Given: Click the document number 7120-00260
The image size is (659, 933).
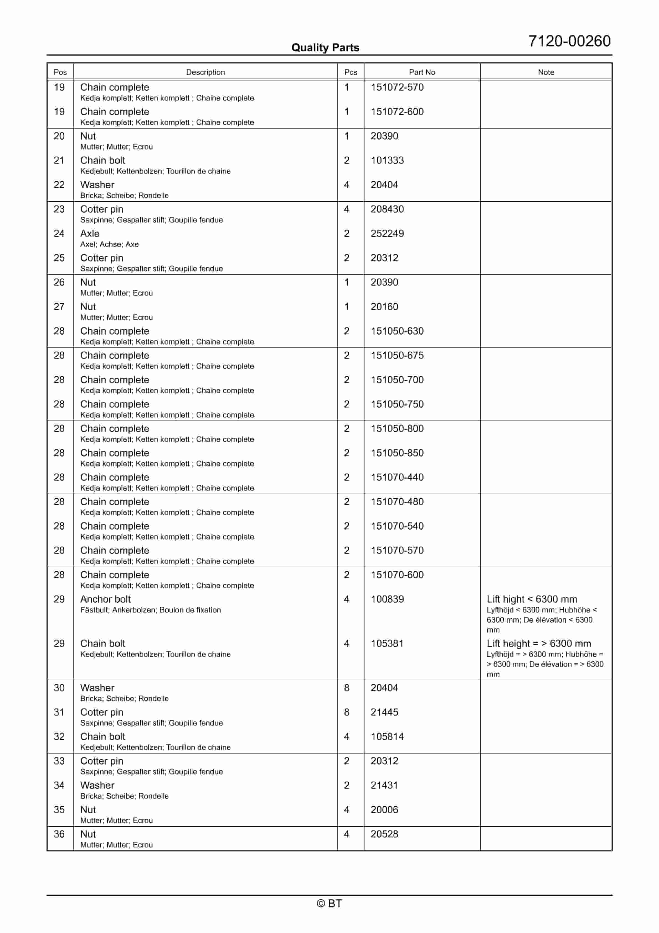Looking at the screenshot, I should coord(569,41).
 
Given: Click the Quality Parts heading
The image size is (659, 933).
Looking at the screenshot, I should coord(325,48).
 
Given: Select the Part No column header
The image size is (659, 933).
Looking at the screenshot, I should coord(422,72).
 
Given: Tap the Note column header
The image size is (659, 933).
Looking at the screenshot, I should coord(546,72).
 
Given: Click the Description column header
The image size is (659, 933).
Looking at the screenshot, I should coord(205,72).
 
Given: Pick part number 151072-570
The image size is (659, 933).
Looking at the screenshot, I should coord(397,87).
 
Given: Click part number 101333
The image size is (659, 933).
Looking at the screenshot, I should coord(387,160).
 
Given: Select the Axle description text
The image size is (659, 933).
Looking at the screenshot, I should coord(90,234).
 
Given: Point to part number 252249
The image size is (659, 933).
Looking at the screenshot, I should coord(387,234).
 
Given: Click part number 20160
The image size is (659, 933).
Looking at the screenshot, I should coord(384,307).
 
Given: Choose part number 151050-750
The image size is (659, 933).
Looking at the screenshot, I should coord(397,404).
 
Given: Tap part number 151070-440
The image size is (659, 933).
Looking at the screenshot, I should coord(397,478).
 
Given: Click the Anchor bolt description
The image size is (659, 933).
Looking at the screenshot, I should coord(105,599).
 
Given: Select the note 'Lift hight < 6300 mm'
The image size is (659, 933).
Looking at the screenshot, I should coord(532,599).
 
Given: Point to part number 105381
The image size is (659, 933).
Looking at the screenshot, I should coord(387,644).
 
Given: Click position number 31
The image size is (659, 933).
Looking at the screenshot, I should coord(59,712).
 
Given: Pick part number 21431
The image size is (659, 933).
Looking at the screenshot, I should coord(384,786).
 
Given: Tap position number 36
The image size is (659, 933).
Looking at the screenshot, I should coord(59,834).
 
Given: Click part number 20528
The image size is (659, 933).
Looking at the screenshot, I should coord(384,834).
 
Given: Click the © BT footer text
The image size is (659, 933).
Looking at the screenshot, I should coord(329,903).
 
